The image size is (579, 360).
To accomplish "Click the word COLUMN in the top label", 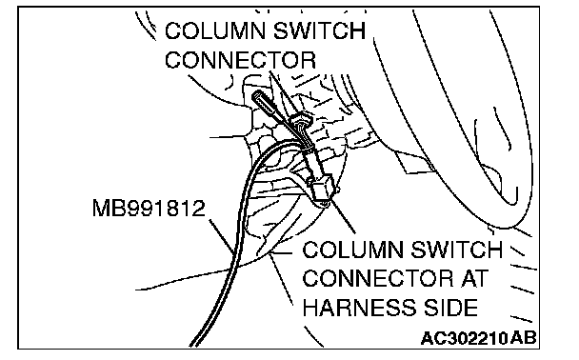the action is pos(215,30).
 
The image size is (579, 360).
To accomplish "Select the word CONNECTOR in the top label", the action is pos(240,60).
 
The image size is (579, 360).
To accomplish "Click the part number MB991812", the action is pos(149,209).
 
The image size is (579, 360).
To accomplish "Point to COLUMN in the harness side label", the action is pos(353,250).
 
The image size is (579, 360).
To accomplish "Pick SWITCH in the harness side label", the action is pos(457,250).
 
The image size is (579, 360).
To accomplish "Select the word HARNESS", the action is pos(354,308).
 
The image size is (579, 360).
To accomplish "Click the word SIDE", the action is pos(445,308).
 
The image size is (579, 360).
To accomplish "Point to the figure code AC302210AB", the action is pos(479,338).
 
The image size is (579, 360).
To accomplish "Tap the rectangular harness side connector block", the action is pos(321,189).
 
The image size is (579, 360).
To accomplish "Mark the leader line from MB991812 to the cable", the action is pos(221,237).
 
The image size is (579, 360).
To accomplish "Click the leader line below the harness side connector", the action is pos(343,216).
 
